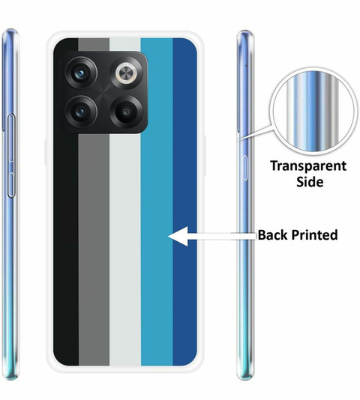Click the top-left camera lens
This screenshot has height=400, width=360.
pyautogui.click(x=81, y=73)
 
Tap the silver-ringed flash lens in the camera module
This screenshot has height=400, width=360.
pyautogui.click(x=127, y=73)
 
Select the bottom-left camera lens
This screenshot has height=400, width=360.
pyautogui.click(x=81, y=112)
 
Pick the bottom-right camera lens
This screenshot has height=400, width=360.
pyautogui.click(x=126, y=112)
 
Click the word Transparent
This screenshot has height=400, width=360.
pyautogui.click(x=308, y=166)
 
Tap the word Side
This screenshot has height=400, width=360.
pyautogui.click(x=310, y=182)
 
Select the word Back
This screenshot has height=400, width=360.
pyautogui.click(x=272, y=235)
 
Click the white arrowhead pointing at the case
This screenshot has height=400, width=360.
pyautogui.click(x=178, y=236)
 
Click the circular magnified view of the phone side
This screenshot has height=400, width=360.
pyautogui.click(x=313, y=111)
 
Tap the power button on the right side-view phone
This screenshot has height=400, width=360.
pyautogui.click(x=244, y=168)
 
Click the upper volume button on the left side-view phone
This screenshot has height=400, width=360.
pyautogui.click(x=11, y=138)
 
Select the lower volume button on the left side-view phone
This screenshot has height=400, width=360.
pyautogui.click(x=10, y=185)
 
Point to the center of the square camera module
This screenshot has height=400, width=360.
pyautogui.click(x=104, y=92)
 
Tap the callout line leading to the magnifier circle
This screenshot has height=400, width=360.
pyautogui.click(x=255, y=132)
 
